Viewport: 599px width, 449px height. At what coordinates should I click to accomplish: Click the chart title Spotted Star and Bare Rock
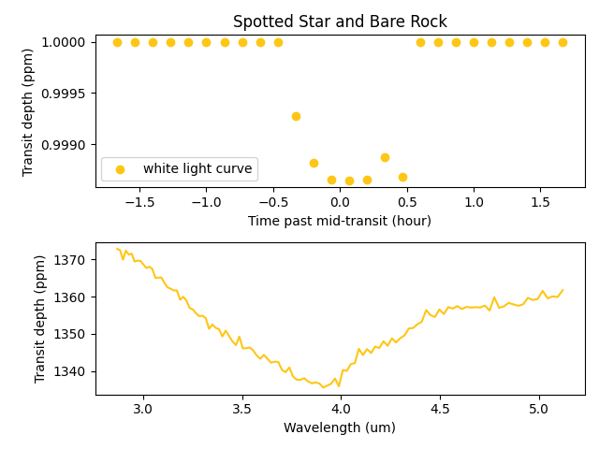[340, 22]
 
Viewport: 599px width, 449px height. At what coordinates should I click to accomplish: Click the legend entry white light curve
[197, 169]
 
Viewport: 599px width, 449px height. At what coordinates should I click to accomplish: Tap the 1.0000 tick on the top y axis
[65, 42]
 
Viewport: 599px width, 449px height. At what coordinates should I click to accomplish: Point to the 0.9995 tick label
[65, 94]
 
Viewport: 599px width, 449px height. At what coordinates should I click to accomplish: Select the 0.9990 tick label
[65, 145]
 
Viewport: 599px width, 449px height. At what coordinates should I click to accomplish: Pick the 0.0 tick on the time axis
[340, 202]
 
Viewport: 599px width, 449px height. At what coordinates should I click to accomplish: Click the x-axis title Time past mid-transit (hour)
[340, 221]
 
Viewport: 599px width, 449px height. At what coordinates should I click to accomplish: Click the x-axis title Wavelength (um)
[340, 427]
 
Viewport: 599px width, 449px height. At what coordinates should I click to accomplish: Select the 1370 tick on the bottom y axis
[71, 259]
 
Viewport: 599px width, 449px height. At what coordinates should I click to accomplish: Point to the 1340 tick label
[71, 371]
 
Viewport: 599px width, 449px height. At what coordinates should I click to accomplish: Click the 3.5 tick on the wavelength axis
[241, 409]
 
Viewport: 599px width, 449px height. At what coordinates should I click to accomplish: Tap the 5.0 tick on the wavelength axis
[538, 409]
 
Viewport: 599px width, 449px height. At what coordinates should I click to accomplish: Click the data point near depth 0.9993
[296, 116]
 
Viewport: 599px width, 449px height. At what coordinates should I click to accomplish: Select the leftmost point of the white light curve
[117, 42]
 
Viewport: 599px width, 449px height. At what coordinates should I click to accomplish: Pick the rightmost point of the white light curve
[562, 42]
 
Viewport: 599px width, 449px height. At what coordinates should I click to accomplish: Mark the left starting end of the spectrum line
[117, 249]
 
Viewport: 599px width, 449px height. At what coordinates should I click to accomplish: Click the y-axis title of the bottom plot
[40, 322]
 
